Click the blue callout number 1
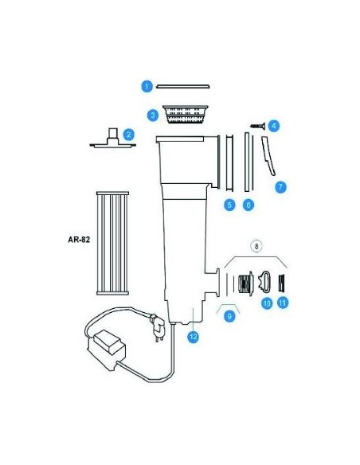(x=147, y=86)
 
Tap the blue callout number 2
(x=129, y=135)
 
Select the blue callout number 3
(x=153, y=115)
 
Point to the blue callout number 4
(x=274, y=126)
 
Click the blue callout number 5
(x=229, y=205)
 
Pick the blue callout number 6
(x=248, y=205)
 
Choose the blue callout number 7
(x=280, y=187)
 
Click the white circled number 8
(x=256, y=246)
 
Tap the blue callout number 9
(x=229, y=316)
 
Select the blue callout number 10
(x=267, y=303)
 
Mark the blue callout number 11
(x=283, y=303)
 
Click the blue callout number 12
(x=194, y=337)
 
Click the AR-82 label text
(x=79, y=240)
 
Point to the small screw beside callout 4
(x=258, y=126)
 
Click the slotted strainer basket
(x=186, y=114)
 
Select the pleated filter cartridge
(x=112, y=243)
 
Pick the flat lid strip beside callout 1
(x=183, y=87)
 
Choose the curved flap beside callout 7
(x=268, y=156)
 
